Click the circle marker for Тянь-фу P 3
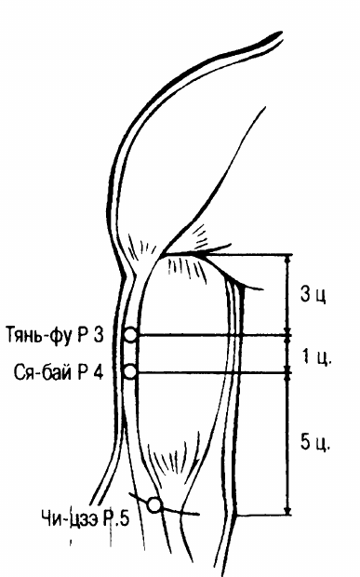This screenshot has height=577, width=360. point(130,335)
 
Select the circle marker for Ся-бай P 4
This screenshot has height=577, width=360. point(130,372)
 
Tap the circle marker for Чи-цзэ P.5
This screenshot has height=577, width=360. point(154,504)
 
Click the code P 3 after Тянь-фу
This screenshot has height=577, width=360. point(90,335)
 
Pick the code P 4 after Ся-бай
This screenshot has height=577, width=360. point(90,372)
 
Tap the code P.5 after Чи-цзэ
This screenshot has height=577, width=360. point(116,519)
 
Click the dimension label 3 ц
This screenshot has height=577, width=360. point(313,294)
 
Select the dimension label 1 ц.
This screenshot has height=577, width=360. point(317,356)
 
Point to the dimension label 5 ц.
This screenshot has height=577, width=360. point(315,441)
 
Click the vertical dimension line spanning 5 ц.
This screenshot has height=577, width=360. point(287,444)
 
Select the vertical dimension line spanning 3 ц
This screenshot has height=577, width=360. point(287,295)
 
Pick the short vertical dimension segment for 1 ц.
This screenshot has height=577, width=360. point(287,354)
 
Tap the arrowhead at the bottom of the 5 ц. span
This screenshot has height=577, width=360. point(287,511)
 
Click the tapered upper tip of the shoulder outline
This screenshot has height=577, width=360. point(279,34)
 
